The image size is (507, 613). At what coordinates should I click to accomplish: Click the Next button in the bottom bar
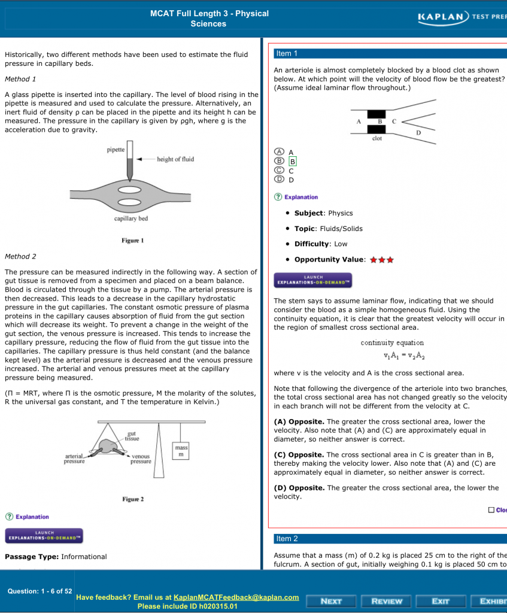[x=331, y=601]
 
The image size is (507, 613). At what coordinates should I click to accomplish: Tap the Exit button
[x=441, y=601]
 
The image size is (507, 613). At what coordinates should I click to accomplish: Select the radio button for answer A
[x=279, y=152]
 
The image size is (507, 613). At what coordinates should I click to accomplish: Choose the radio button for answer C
[x=279, y=170]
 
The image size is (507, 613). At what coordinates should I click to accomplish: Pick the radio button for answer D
[x=279, y=179]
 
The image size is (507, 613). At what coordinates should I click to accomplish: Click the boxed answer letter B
[x=293, y=161]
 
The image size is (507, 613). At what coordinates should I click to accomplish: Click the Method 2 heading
[x=20, y=256]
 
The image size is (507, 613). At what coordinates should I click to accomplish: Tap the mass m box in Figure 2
[x=181, y=452]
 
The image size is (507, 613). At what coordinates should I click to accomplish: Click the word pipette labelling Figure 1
[x=116, y=150]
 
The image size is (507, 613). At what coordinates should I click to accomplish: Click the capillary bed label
[x=131, y=219]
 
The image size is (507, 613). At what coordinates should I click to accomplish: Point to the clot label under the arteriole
[x=377, y=138]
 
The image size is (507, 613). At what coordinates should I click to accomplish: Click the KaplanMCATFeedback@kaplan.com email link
[x=236, y=597]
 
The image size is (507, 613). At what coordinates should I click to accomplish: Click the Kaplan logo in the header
[x=443, y=17]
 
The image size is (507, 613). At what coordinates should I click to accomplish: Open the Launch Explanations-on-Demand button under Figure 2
[x=44, y=535]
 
